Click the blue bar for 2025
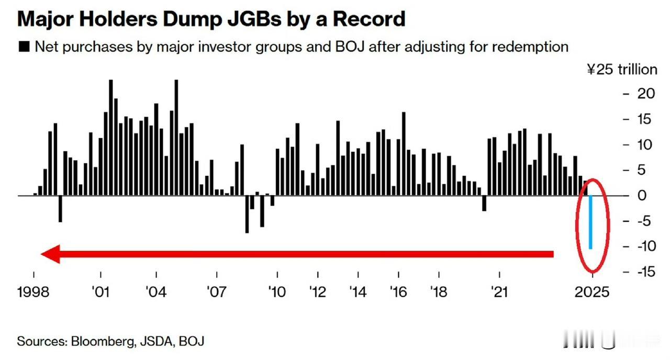coord(590,222)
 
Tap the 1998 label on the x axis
coord(33,291)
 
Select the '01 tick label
coord(100,291)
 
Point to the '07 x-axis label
coord(216,291)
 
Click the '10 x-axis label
coord(277,291)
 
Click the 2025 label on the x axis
coord(592,291)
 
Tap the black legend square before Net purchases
coord(24,47)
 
